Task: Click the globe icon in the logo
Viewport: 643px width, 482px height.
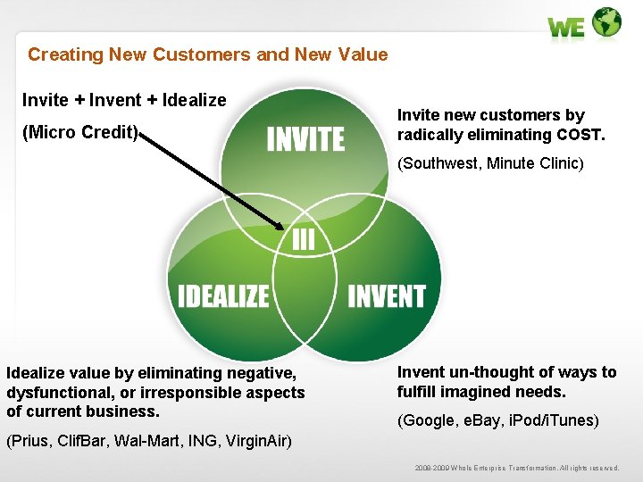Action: pos(607,21)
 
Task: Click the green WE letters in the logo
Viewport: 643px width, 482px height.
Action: pos(566,28)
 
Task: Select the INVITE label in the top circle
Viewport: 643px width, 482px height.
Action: pos(305,139)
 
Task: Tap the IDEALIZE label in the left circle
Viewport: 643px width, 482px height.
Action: pos(223,295)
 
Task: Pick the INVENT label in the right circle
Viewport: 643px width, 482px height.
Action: pos(387,295)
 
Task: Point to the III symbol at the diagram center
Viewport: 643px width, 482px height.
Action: pos(303,238)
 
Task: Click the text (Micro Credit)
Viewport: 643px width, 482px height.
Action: pos(80,133)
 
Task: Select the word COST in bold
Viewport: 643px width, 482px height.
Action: pos(580,135)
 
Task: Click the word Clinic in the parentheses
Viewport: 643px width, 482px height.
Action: pos(559,163)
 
